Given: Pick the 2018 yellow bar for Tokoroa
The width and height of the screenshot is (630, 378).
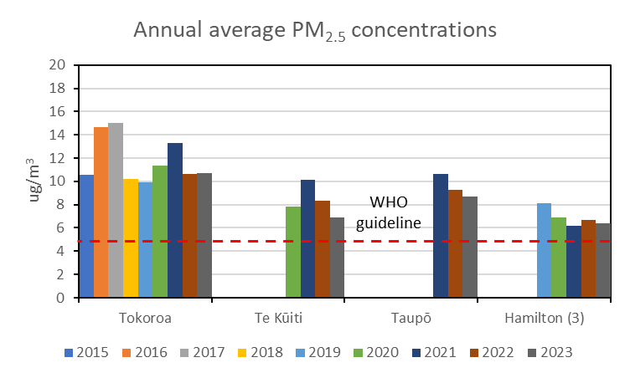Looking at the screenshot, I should [x=130, y=238].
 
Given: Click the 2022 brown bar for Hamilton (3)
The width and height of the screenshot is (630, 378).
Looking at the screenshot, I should [x=588, y=258].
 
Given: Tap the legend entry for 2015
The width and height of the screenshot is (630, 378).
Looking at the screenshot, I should [x=86, y=352].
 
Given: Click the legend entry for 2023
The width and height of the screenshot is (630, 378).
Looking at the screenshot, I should [x=550, y=352].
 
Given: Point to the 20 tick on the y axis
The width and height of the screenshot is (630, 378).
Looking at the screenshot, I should [x=59, y=64].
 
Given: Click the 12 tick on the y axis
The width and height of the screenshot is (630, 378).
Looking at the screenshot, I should [x=59, y=157].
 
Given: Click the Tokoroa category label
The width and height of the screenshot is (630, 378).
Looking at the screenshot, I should [x=145, y=318].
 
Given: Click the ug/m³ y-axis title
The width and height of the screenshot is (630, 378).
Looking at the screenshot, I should [x=36, y=181].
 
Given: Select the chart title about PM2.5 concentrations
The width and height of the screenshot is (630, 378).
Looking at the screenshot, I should [x=315, y=30].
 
